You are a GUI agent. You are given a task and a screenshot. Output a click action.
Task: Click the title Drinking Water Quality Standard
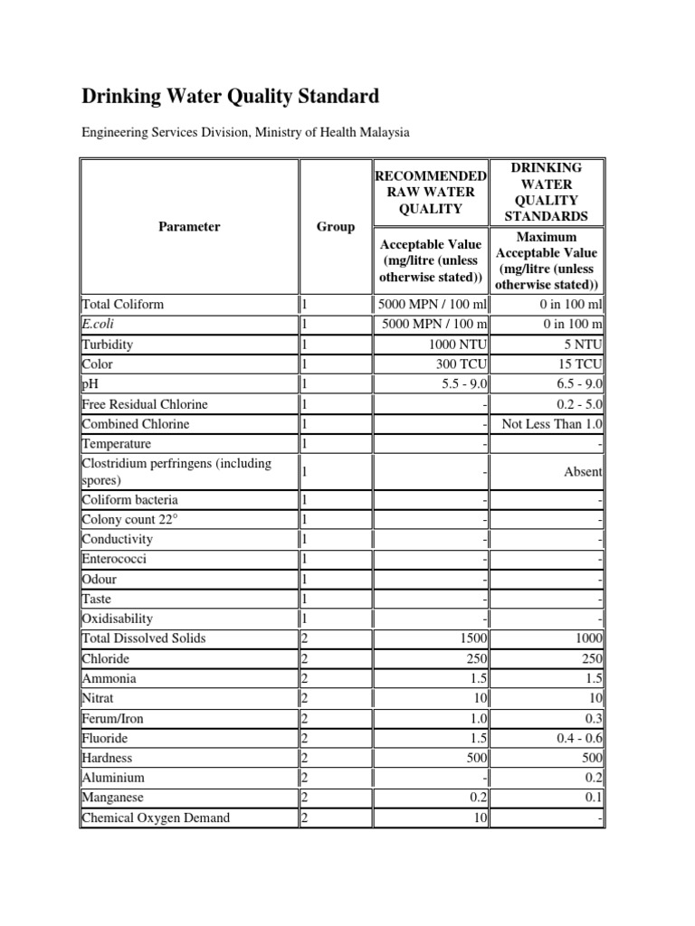[x=231, y=96]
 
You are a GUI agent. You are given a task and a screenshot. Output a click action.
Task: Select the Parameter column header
[x=189, y=227]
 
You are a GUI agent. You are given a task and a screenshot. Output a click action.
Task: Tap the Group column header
[x=335, y=227]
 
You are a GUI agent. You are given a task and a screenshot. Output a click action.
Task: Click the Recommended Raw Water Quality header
[x=431, y=192]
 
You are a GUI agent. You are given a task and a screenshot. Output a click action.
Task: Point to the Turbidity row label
[x=109, y=345]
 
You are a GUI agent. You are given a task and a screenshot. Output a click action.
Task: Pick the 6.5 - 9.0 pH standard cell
[x=574, y=384]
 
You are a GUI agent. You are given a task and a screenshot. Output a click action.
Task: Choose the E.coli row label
[x=98, y=325]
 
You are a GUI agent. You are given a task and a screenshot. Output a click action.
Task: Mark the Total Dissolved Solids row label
[x=144, y=638]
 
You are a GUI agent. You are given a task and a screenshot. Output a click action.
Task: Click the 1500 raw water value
[x=473, y=638]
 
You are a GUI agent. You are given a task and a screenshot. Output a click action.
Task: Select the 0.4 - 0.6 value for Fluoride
[x=580, y=738]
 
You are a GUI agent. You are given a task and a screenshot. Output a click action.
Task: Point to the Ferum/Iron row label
[x=112, y=718]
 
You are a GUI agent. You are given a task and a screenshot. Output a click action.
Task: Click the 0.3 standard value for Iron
[x=594, y=718]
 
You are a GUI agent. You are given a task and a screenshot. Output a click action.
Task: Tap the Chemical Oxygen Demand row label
[x=156, y=817]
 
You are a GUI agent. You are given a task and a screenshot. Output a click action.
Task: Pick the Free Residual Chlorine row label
[x=145, y=404]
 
